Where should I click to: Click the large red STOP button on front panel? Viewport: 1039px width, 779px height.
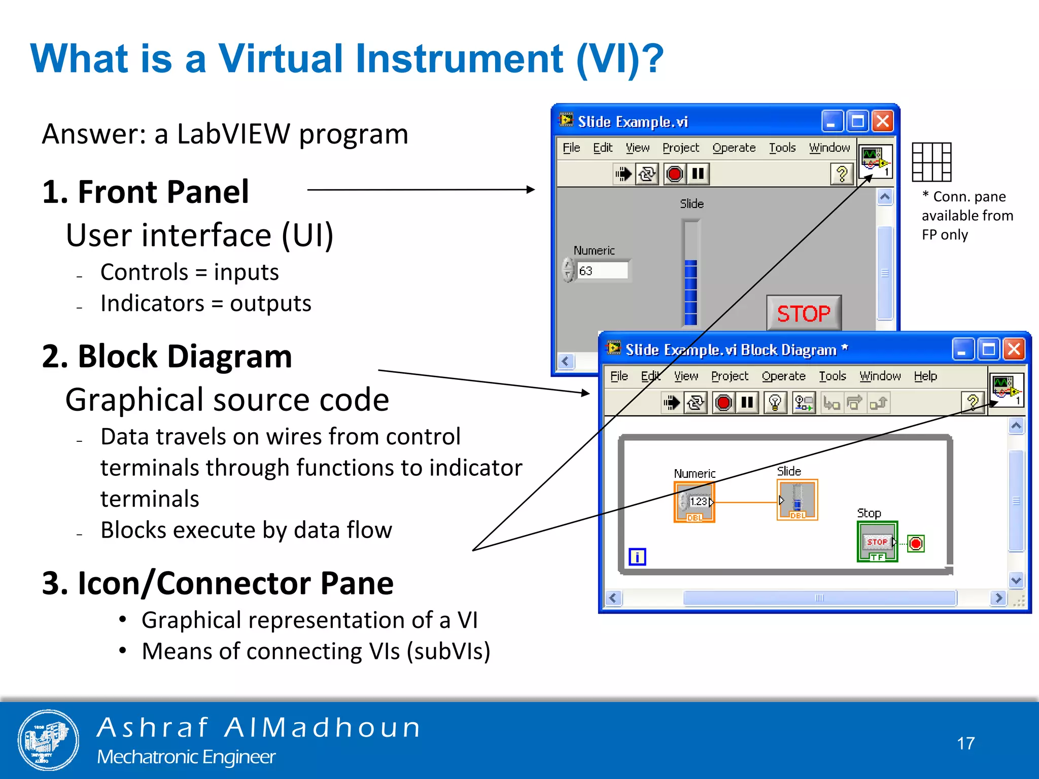(x=804, y=313)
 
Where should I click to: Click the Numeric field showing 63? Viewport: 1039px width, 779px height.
(x=602, y=270)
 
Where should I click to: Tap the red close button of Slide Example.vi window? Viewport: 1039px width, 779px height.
(x=883, y=122)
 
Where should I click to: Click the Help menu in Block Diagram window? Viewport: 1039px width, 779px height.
(x=925, y=376)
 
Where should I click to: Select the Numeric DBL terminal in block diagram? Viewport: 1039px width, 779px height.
(x=694, y=502)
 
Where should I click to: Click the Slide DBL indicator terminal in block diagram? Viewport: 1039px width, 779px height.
(x=797, y=500)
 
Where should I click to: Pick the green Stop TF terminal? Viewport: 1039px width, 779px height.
(x=877, y=542)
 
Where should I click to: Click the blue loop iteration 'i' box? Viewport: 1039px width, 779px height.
(x=637, y=557)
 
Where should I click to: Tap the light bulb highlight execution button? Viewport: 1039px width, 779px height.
(x=775, y=403)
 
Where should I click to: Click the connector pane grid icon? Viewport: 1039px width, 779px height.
(x=931, y=162)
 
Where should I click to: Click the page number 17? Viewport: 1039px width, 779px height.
(x=965, y=743)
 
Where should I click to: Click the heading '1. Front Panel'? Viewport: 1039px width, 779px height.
(x=146, y=192)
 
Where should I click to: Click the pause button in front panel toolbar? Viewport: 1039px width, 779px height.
(x=698, y=174)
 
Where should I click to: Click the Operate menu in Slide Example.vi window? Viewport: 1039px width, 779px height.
(x=734, y=148)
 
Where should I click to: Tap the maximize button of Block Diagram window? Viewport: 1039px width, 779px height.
(x=988, y=349)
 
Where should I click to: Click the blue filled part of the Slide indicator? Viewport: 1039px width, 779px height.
(x=690, y=292)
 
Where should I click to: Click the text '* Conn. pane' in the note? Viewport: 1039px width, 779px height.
(x=964, y=197)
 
